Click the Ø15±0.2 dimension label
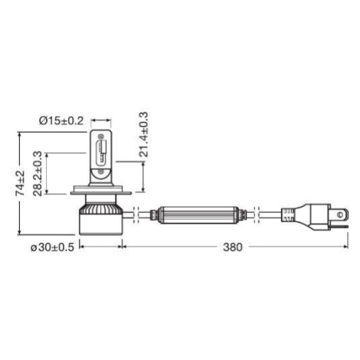pos(61,121)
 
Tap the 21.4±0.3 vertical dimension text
pos(143,134)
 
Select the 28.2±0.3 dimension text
pos(38,174)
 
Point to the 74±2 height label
pos(21,183)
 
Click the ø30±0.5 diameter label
pos(52,247)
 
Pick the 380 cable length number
pos(232,247)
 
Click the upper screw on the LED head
pos(101,136)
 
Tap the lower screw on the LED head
pos(101,172)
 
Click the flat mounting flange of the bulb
pos(101,190)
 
